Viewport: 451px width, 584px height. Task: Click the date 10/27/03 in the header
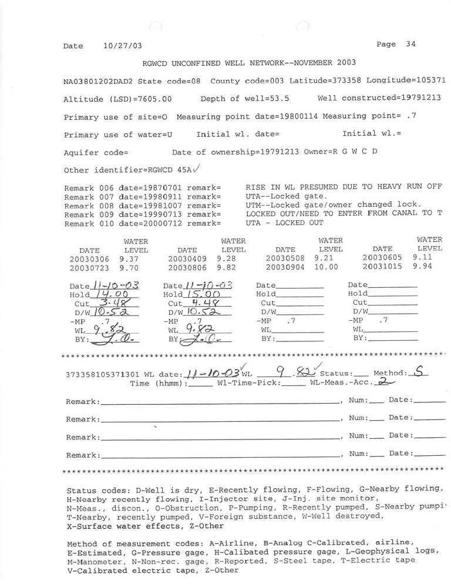122,46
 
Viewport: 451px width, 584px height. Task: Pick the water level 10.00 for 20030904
326,267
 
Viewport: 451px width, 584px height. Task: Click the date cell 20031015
382,267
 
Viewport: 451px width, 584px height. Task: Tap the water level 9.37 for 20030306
130,257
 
